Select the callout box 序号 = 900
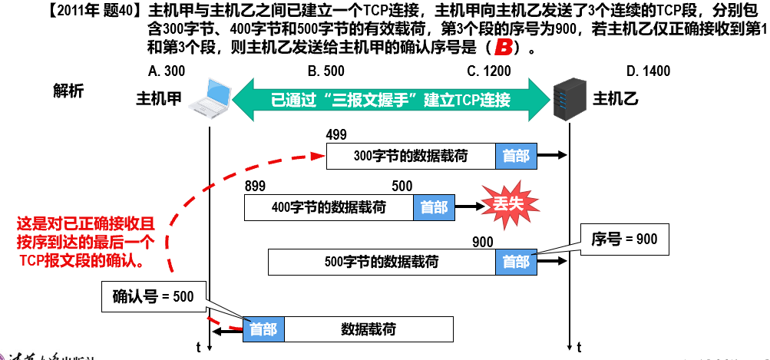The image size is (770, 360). click(x=624, y=239)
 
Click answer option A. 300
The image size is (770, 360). click(x=164, y=71)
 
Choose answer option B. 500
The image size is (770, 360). click(x=326, y=71)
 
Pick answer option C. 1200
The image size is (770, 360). click(x=488, y=71)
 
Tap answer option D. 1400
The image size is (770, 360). click(x=648, y=71)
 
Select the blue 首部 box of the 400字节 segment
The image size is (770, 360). click(x=433, y=206)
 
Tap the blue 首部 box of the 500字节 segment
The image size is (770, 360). click(x=515, y=261)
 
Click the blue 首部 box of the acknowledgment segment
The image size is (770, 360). click(x=263, y=329)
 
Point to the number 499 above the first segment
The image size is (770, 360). click(x=336, y=135)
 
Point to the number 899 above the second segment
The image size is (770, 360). click(x=255, y=186)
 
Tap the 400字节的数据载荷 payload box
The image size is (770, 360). click(x=329, y=206)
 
